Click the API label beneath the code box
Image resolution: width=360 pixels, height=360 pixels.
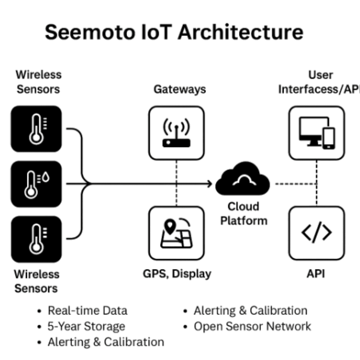coord(315,274)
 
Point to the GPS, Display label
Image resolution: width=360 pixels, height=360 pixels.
coord(177,274)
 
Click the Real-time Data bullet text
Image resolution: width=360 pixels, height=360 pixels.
coord(87,311)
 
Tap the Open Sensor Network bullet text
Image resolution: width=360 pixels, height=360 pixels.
coord(252,326)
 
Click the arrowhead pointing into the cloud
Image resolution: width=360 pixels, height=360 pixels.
coord(210,183)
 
